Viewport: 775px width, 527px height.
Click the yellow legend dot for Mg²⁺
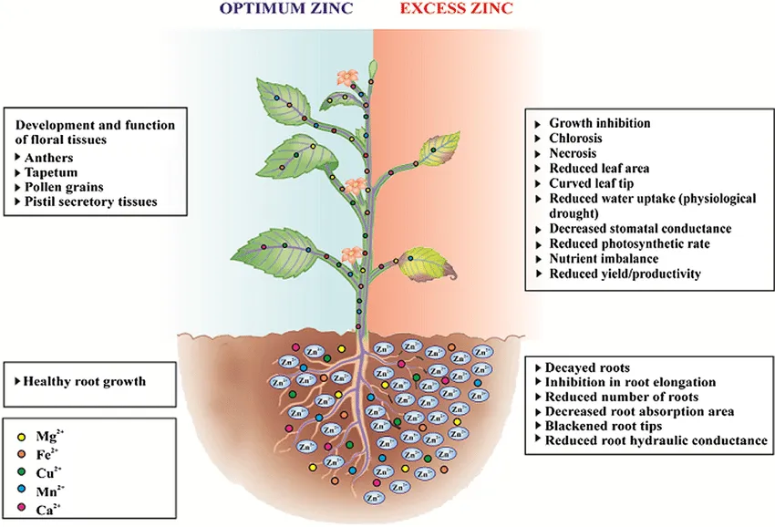[x=21, y=437]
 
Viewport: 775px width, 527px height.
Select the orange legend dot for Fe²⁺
[x=21, y=455]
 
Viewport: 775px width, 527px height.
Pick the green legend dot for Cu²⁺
[x=21, y=472]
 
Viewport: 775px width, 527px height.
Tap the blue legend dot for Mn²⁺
[x=21, y=491]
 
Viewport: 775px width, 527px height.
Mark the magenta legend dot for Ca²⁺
[x=21, y=508]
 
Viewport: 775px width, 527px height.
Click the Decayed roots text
[x=587, y=367]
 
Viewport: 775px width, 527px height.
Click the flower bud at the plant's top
[x=372, y=69]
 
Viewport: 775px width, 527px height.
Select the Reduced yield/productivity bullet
[x=625, y=274]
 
